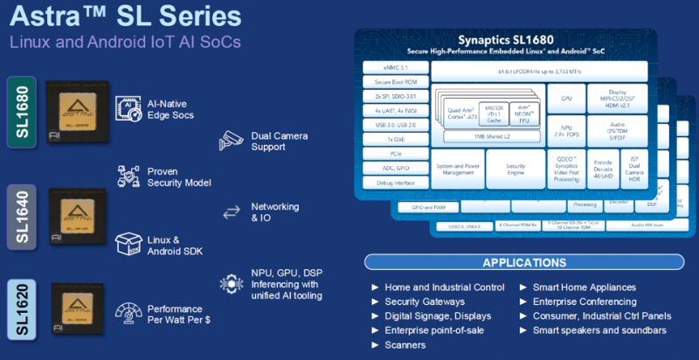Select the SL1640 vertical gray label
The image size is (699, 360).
pyautogui.click(x=21, y=215)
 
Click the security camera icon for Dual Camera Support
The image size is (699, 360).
pyautogui.click(x=232, y=140)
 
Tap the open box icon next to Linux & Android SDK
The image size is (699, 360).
pyautogui.click(x=128, y=245)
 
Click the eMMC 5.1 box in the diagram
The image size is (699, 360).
pyautogui.click(x=392, y=67)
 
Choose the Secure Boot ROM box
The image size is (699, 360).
pyautogui.click(x=392, y=82)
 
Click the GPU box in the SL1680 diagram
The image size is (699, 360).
pyautogui.click(x=564, y=100)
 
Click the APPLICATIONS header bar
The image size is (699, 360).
pyautogui.click(x=523, y=262)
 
